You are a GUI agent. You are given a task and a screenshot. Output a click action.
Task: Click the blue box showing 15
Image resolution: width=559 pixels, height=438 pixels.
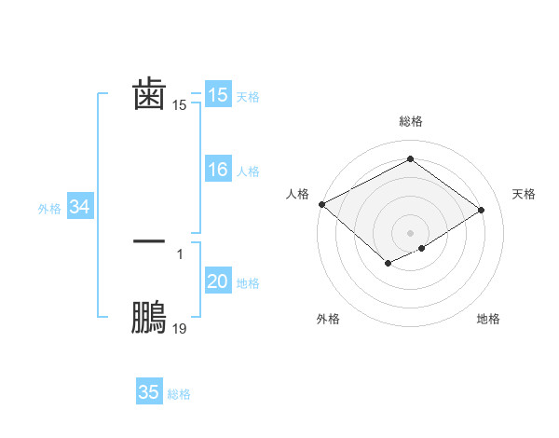217,95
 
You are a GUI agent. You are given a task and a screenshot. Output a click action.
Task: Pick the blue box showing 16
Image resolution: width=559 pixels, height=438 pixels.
217,170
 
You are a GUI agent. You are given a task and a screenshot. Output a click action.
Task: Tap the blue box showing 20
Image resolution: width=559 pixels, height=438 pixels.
217,282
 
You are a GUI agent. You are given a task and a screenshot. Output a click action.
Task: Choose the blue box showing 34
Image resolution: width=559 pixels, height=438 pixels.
79,208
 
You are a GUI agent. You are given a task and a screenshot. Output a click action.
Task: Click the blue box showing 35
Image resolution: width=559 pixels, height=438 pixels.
149,392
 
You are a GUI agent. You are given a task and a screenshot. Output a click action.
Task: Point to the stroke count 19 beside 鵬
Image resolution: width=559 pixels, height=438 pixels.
180,328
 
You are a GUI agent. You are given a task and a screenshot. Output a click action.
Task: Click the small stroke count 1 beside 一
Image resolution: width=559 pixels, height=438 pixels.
180,253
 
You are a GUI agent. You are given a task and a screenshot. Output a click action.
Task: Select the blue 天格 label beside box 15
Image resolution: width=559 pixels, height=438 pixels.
248,97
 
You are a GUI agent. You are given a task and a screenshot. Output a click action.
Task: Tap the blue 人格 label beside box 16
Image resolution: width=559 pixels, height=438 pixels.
248,171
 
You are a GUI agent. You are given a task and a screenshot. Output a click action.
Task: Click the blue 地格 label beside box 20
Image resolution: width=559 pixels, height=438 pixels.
248,283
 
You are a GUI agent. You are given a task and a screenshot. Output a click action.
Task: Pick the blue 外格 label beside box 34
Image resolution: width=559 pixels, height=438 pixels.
49,209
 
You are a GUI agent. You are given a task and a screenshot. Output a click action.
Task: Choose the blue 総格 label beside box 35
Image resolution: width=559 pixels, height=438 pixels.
180,394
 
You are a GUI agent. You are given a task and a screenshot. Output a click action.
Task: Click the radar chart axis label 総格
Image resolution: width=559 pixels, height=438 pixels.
411,121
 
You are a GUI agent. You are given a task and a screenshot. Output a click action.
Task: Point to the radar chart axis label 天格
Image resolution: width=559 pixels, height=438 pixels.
524,194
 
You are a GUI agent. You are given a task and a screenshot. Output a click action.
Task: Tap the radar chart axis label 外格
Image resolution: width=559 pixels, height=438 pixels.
328,319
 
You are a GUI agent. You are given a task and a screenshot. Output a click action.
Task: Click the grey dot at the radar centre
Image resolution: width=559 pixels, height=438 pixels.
411,232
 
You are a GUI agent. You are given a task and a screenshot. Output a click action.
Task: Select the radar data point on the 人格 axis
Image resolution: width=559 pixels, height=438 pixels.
321,204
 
